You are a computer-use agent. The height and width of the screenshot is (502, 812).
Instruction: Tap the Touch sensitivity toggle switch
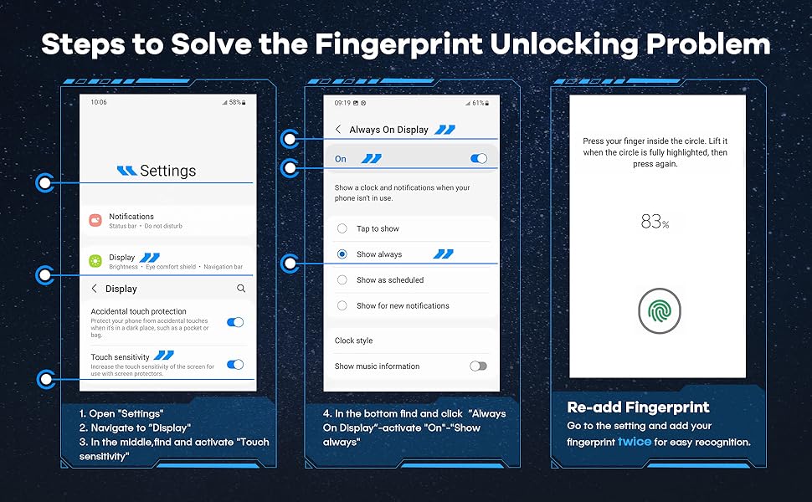coord(235,364)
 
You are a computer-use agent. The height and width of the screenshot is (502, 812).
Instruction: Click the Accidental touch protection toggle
coord(235,322)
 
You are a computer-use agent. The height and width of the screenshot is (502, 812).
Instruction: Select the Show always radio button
coord(342,254)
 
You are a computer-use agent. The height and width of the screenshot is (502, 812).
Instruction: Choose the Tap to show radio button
coord(342,228)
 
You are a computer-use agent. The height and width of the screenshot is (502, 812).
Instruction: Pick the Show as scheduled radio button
coord(342,280)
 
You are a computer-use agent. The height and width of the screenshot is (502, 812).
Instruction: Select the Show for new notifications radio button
coord(342,305)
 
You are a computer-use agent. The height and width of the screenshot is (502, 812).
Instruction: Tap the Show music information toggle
coord(479,366)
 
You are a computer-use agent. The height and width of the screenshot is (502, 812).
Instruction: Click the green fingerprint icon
coord(660,311)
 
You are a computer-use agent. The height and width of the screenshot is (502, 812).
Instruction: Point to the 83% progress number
coord(655,222)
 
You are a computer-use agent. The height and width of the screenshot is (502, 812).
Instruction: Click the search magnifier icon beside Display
coord(241,289)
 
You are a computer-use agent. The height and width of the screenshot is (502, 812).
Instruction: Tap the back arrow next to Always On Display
coord(338,130)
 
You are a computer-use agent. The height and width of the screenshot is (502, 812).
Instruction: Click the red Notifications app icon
coord(95,221)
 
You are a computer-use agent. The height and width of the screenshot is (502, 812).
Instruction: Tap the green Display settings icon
coord(95,261)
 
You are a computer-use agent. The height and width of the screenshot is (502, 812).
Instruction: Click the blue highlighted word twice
coord(635,442)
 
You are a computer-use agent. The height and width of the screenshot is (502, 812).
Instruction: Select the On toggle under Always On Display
coord(479,158)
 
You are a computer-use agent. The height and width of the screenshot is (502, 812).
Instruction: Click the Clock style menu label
coord(354,341)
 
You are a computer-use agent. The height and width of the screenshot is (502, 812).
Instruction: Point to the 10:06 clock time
coord(99,102)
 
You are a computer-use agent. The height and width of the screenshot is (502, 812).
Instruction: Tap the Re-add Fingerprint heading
coord(638,407)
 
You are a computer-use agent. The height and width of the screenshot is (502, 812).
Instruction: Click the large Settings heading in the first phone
coord(167,171)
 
